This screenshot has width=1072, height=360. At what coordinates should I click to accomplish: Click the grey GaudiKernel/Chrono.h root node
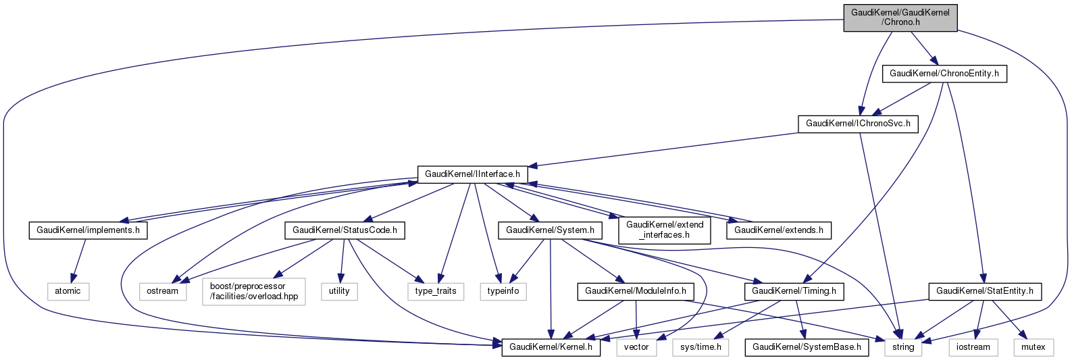[900, 18]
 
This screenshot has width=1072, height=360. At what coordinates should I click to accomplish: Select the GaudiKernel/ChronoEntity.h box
[944, 74]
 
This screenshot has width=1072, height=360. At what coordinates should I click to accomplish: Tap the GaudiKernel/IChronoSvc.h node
[858, 124]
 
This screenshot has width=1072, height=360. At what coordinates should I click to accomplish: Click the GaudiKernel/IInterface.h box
[472, 174]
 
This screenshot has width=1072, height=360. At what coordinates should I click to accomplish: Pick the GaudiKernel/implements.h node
[88, 230]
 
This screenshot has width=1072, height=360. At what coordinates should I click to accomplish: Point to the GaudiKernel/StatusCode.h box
[344, 230]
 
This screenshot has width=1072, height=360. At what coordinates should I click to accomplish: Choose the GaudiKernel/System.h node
[550, 230]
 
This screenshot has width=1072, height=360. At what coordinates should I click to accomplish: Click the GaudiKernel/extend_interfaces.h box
[665, 230]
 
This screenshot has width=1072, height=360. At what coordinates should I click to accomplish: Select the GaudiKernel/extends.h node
[778, 230]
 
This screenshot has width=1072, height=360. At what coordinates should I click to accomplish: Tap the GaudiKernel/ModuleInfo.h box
[635, 292]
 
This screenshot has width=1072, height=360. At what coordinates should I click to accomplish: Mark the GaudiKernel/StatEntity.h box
[985, 292]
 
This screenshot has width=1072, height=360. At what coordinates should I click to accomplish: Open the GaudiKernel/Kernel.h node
[551, 347]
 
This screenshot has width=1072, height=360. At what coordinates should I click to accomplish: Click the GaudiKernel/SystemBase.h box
[807, 347]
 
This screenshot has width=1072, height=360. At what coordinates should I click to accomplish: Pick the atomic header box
[68, 291]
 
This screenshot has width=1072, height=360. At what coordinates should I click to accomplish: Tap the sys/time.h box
[700, 347]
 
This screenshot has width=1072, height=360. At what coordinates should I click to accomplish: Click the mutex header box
[1033, 347]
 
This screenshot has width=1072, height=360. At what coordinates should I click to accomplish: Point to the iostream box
[973, 347]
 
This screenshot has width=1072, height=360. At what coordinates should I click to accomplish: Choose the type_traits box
[436, 291]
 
